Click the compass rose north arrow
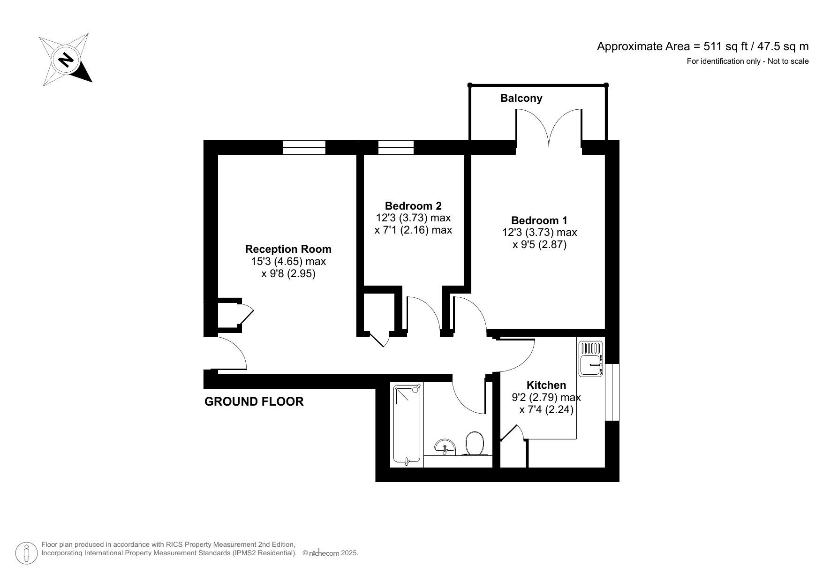66,60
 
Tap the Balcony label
521,98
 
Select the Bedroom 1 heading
539,220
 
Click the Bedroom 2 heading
413,205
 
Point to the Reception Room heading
288,249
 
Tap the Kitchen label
546,385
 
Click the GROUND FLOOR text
254,401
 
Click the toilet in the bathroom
475,443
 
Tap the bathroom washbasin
444,446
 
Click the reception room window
303,147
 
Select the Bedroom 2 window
395,147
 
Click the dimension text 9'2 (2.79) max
546,398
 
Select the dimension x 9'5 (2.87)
539,244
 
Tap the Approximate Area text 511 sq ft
702,46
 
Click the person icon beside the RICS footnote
27,553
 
